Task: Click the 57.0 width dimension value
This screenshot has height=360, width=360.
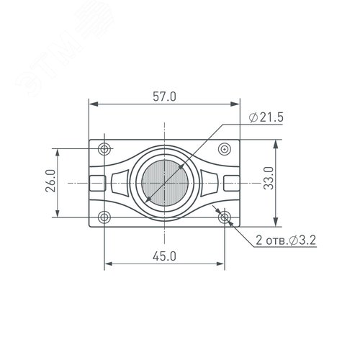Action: pos(164,96)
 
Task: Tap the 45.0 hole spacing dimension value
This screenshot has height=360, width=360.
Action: pos(164,256)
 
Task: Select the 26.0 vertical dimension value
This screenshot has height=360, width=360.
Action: pos(50,181)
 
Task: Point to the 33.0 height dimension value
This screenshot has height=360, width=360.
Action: pos(269,178)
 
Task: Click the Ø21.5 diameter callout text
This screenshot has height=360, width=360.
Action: pos(266,117)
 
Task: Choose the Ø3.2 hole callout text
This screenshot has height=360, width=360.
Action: pos(302,240)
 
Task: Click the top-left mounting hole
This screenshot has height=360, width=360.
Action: pos(104,149)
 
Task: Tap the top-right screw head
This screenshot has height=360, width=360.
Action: pos(225,149)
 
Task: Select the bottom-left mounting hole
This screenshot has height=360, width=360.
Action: pos(104,217)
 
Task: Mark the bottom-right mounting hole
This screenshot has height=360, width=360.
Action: pos(225,217)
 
